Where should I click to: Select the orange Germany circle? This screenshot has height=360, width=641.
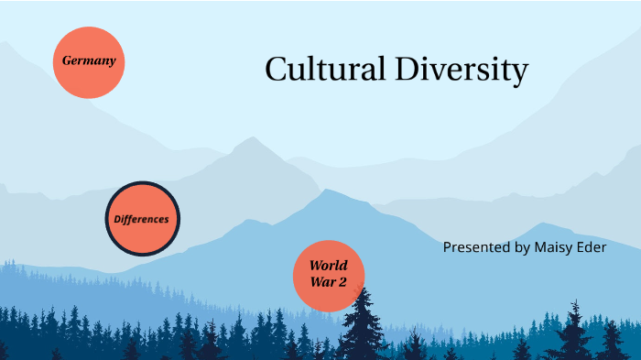88,62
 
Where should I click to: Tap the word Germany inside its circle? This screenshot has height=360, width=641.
88,61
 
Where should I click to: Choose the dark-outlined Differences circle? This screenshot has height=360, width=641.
142,219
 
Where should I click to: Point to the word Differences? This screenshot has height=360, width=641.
142,220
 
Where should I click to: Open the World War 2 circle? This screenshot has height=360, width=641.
328,275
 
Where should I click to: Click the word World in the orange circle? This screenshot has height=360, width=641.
328,266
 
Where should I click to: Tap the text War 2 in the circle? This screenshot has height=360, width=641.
328,283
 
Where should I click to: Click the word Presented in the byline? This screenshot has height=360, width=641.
476,247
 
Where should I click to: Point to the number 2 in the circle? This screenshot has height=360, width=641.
342,283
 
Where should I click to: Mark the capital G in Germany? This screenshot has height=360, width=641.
67,61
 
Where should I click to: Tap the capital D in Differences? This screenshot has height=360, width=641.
117,220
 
